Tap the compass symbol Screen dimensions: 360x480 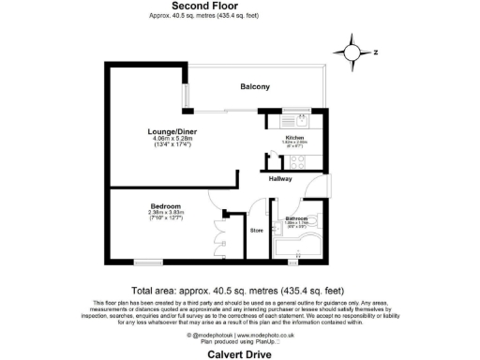[354, 52]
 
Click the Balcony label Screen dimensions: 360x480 [254, 87]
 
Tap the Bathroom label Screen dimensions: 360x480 [298, 218]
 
